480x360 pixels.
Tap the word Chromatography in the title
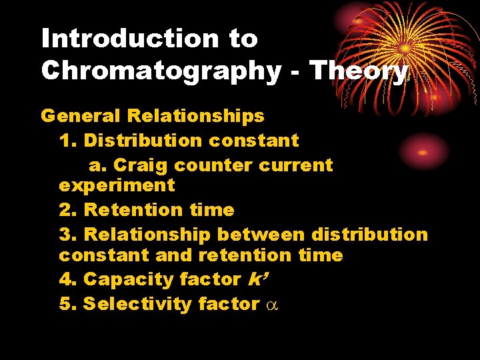(161, 71)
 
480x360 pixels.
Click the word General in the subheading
(81, 116)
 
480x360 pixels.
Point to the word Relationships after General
(195, 117)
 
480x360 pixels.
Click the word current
(301, 165)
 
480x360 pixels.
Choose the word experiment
(117, 186)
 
